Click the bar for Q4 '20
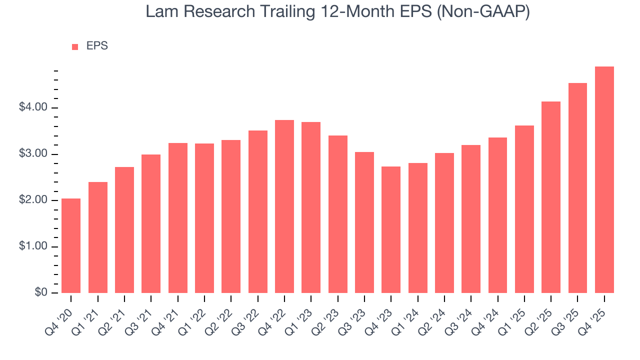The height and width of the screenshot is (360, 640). (x=71, y=245)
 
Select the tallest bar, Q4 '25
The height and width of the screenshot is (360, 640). (x=604, y=179)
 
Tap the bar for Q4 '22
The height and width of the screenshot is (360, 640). (x=284, y=206)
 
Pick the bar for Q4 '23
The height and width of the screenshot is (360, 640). (x=391, y=229)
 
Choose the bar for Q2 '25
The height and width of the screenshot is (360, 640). (x=551, y=197)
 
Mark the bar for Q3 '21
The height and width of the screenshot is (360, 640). (x=151, y=223)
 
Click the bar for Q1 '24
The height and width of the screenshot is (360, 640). (x=418, y=228)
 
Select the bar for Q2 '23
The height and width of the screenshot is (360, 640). (x=338, y=214)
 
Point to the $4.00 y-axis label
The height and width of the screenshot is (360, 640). (x=34, y=108)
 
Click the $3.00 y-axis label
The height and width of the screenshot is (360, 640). (x=34, y=154)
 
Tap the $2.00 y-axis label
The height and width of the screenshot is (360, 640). (x=34, y=200)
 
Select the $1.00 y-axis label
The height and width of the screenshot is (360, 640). (x=34, y=247)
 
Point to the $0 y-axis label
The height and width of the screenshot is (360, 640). (x=41, y=293)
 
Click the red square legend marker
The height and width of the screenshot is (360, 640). (x=75, y=46)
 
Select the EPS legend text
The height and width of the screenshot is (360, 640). (x=97, y=46)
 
